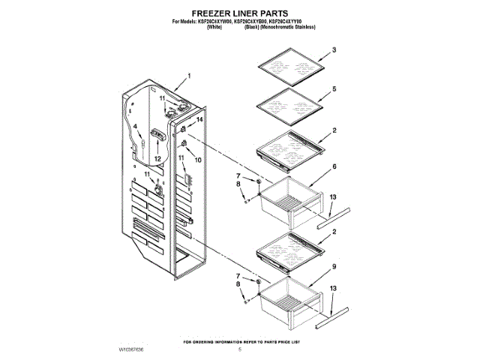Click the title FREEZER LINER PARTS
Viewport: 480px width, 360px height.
(239, 13)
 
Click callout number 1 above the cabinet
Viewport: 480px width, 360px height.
(189, 76)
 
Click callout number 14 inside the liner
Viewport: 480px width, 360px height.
(199, 120)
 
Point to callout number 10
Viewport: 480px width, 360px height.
(198, 160)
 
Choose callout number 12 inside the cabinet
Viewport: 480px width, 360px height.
(157, 159)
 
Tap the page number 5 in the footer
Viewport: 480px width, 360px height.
(240, 349)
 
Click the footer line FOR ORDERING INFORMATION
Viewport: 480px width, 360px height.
(240, 342)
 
